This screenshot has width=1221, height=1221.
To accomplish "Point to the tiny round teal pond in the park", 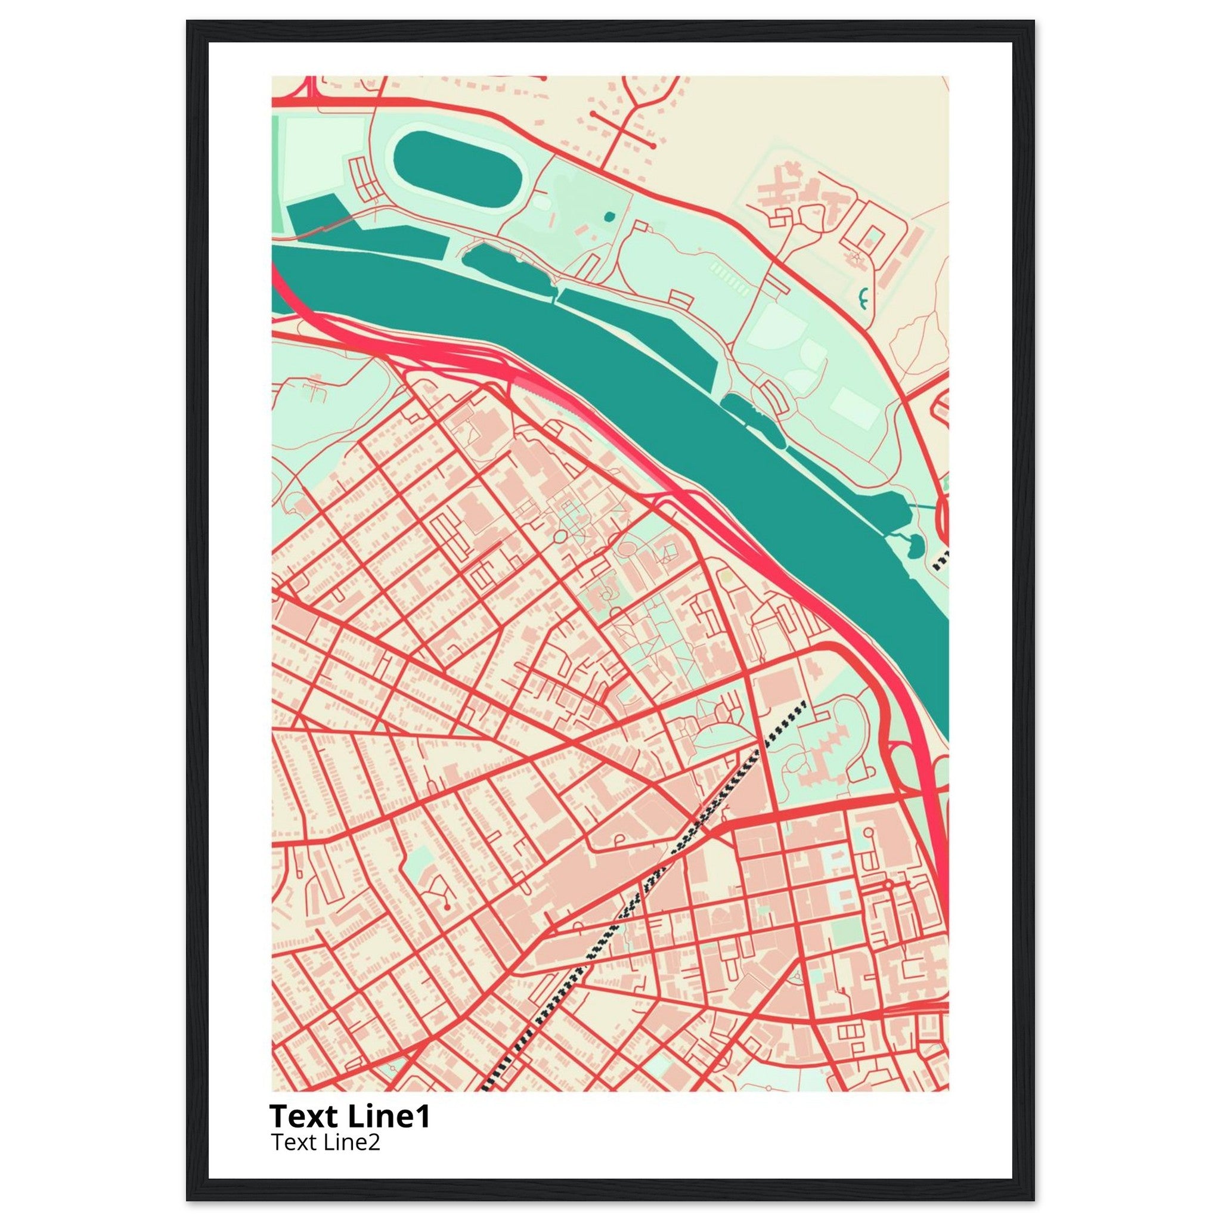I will (x=609, y=217).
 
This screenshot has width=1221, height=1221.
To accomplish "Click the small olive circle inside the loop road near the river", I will (x=727, y=577).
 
